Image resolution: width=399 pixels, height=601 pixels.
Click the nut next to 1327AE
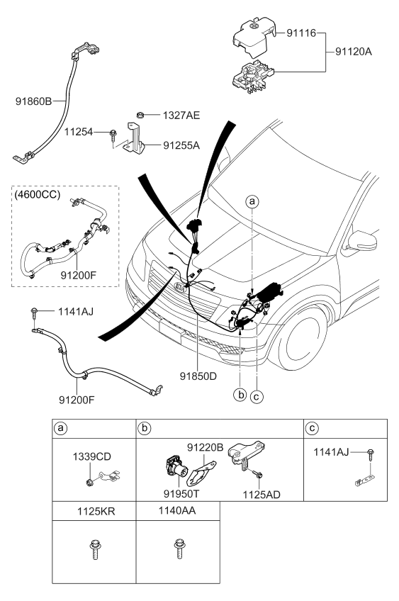pos(140,113)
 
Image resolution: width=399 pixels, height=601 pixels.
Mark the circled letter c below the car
pos(257,396)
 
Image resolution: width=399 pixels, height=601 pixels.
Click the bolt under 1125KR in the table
pos(93,549)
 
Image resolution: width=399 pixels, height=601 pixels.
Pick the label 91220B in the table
pos(206,448)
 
